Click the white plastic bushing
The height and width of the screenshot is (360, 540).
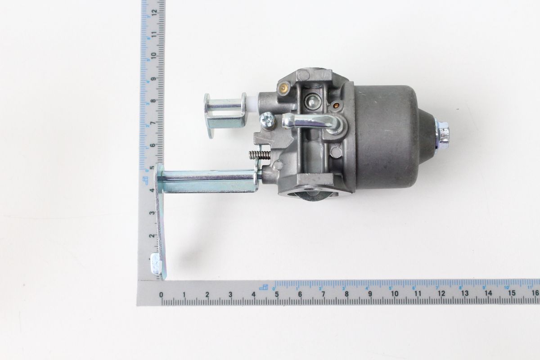click(253, 103)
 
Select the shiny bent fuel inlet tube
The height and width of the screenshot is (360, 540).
click(310, 121)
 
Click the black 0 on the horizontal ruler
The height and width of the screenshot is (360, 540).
click(161, 295)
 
